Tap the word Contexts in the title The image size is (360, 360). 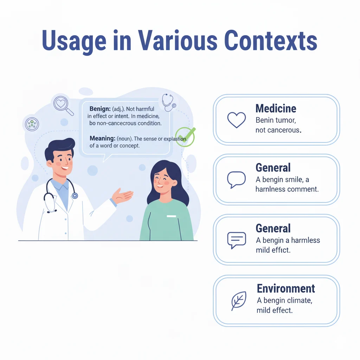tap(271, 41)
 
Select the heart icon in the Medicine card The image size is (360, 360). tap(237, 120)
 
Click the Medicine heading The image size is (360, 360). tap(276, 109)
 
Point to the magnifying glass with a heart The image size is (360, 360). tap(63, 104)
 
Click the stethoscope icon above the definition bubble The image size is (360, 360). tap(168, 102)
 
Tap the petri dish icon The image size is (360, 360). tap(32, 124)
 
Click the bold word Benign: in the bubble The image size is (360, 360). tap(100, 109)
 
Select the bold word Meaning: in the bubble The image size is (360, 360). tap(102, 139)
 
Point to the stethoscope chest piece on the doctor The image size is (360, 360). tap(75, 195)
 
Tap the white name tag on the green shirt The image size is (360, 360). tap(171, 216)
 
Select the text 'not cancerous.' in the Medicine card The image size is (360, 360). tap(278, 130)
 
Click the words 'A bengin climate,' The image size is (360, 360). tap(284, 301)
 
